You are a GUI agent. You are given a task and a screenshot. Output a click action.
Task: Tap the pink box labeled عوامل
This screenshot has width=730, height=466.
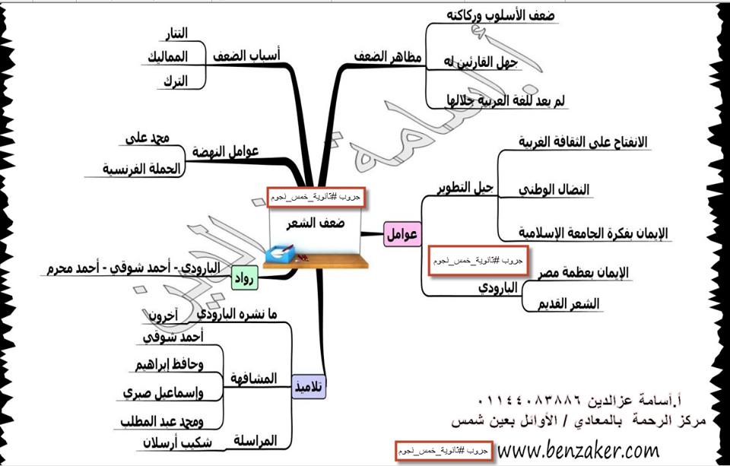(x=403, y=235)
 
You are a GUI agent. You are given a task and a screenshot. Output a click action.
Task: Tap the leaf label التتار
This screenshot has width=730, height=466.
(x=176, y=33)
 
